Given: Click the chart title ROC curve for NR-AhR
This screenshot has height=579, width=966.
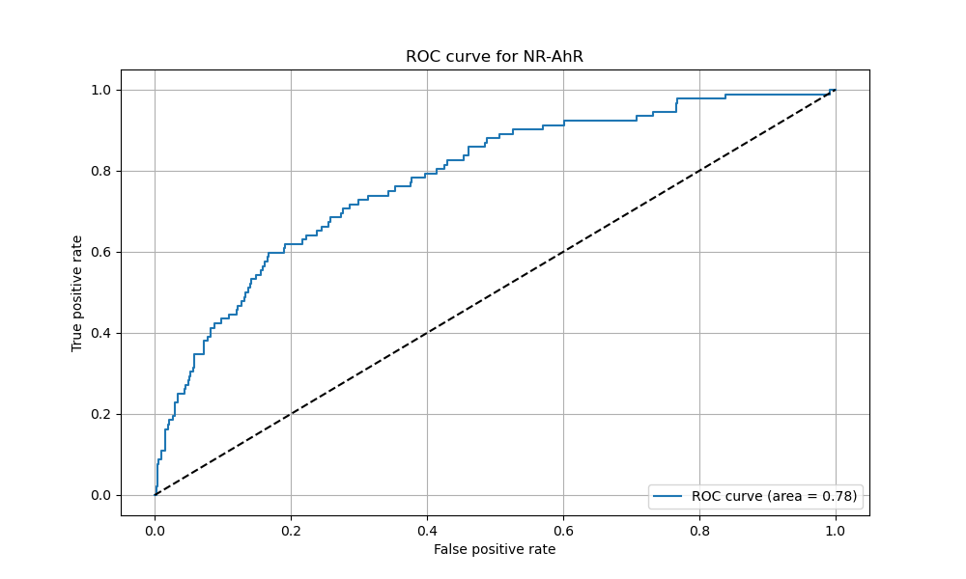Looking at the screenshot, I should click(495, 57).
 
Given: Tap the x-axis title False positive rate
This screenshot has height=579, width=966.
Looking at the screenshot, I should click(495, 550).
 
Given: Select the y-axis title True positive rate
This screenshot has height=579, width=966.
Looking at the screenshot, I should click(77, 292).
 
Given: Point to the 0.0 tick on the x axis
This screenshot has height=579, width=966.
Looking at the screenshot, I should click(155, 529).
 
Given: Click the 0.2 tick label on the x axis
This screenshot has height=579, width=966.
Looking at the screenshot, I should click(291, 529).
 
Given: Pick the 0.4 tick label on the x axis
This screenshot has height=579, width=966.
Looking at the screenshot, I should click(427, 529).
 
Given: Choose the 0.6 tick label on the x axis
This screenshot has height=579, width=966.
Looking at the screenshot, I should click(563, 529).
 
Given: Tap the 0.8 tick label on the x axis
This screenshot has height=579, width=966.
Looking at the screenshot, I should click(699, 529).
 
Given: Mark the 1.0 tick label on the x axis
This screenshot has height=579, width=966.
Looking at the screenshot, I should click(836, 529).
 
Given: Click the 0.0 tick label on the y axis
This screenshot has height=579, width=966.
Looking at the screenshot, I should click(100, 496).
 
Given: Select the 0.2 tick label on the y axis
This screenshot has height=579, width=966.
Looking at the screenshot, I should click(100, 415).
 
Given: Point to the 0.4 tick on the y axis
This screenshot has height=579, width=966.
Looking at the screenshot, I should click(100, 334).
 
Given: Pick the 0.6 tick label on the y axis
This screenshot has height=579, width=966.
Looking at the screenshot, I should click(100, 253).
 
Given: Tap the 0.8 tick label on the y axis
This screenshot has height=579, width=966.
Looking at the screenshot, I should click(100, 172).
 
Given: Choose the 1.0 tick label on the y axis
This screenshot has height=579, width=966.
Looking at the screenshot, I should click(100, 91).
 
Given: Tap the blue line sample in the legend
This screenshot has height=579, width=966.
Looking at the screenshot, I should click(668, 497).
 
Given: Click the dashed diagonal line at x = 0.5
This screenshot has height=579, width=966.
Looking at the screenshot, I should click(495, 292).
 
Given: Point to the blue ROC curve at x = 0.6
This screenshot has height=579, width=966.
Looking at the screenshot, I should click(564, 123).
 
